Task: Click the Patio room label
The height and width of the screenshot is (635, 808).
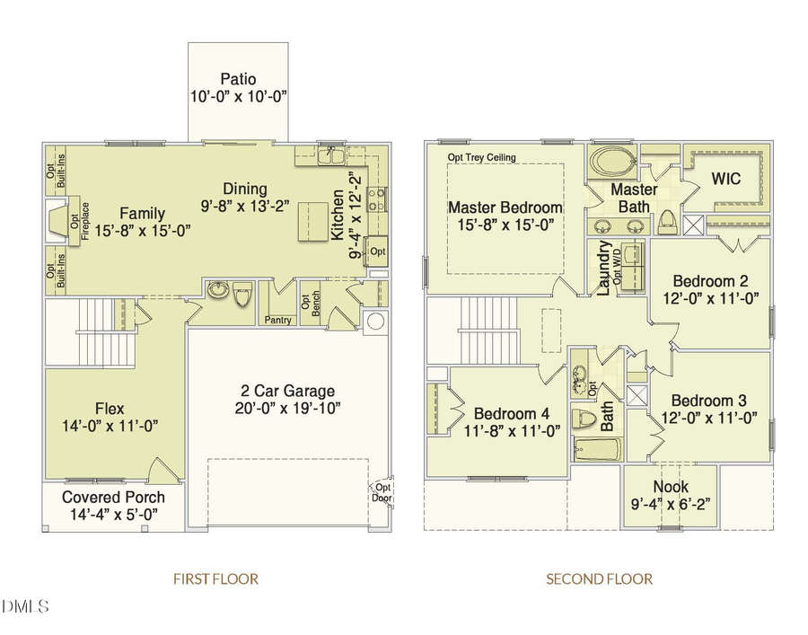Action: click(238, 79)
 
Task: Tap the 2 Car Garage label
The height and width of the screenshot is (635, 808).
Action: click(287, 391)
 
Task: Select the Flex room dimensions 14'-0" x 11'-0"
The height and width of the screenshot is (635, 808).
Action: click(110, 426)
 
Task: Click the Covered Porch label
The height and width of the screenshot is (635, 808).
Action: click(113, 497)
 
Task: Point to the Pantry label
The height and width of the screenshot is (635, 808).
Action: click(277, 320)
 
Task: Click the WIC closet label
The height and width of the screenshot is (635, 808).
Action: click(725, 179)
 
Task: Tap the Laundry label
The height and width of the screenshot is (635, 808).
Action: click(604, 268)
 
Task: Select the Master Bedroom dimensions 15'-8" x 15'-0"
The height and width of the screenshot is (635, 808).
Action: click(505, 225)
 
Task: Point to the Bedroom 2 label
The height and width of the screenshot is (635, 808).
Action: click(710, 279)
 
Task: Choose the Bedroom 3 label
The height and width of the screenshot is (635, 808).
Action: click(708, 400)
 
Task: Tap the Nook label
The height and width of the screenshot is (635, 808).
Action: click(671, 487)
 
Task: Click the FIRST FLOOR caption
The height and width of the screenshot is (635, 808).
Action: click(215, 579)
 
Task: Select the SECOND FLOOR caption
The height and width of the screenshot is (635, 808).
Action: click(599, 579)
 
